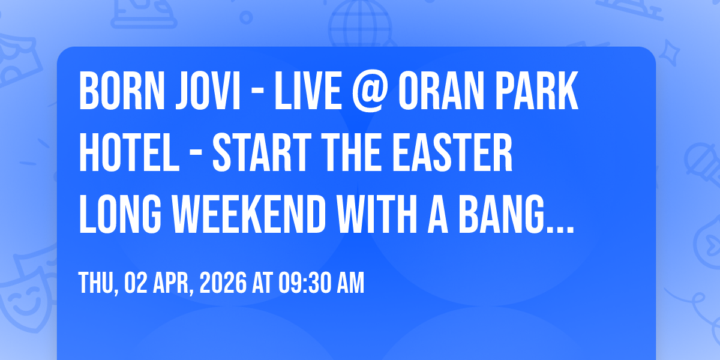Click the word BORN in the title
[x=122, y=91]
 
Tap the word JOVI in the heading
[x=208, y=91]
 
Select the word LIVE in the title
[x=308, y=91]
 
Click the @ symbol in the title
[x=370, y=92]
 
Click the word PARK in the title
[x=536, y=91]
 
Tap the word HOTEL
[x=129, y=152]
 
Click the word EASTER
[x=452, y=152]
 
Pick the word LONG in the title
[x=120, y=214]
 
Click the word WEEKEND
[x=249, y=214]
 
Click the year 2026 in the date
[x=223, y=283]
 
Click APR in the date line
[x=173, y=283]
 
